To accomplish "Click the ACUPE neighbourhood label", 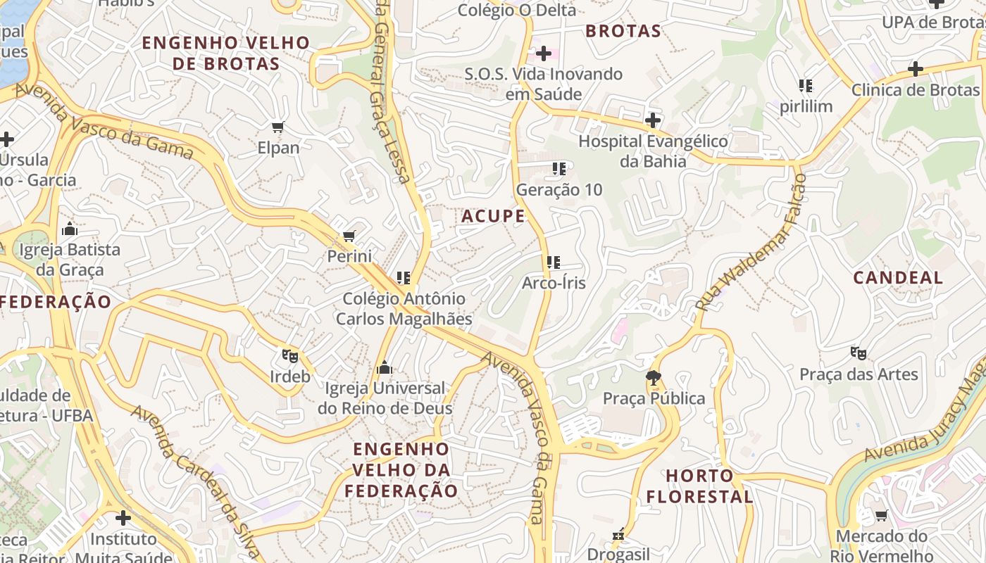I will tap(493, 216).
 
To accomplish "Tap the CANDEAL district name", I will tap(898, 277).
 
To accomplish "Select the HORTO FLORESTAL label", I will tap(699, 486).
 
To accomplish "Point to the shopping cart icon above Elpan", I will tap(277, 127).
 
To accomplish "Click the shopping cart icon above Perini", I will tap(349, 236).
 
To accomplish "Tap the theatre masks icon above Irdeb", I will tap(289, 355).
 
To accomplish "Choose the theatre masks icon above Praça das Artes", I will tap(858, 353).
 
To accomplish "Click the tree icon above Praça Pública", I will tap(654, 378).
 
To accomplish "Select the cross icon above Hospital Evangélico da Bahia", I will tap(653, 120).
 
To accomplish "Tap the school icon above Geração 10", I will tap(559, 169).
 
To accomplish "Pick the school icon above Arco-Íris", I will tap(554, 262).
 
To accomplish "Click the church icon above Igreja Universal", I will tap(384, 367).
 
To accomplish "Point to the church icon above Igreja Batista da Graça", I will tap(69, 229).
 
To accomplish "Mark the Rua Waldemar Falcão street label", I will tap(751, 243).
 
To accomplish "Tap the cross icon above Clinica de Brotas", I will tap(915, 69).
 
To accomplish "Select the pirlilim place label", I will tap(806, 106).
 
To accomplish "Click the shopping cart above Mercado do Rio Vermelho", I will tap(881, 516).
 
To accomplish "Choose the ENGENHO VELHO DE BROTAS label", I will tap(226, 53).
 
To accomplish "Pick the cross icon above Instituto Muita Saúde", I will tap(123, 519).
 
